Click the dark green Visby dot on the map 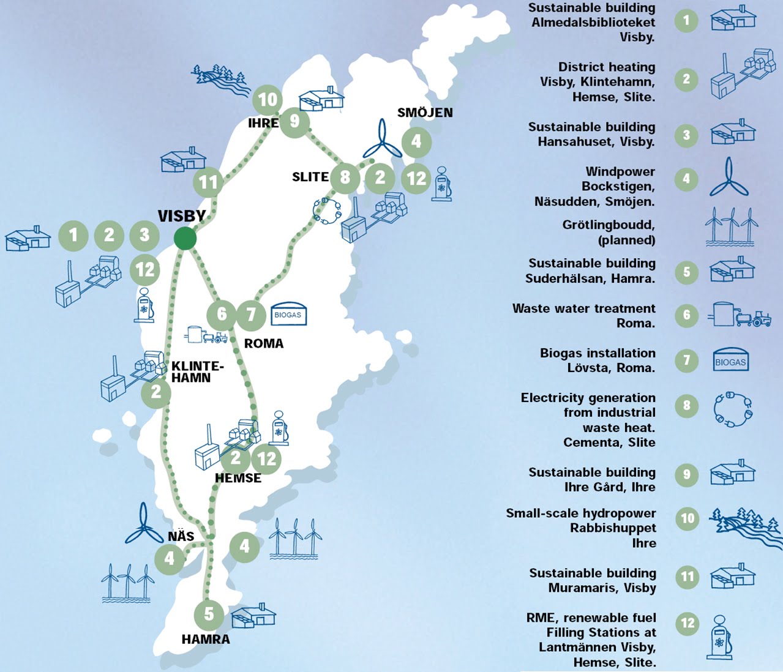tap(185, 238)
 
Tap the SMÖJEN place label tap(425, 113)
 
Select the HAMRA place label tap(206, 640)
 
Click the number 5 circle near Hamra tap(209, 613)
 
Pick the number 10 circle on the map tap(268, 99)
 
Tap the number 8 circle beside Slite tap(345, 177)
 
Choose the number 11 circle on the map tap(208, 182)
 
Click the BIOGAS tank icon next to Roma tap(288, 315)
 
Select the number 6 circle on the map tap(222, 314)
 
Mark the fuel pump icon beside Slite tap(441, 183)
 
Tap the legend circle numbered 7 tap(687, 360)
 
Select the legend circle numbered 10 tap(687, 519)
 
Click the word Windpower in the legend tap(620, 171)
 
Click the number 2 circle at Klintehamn tap(156, 392)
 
